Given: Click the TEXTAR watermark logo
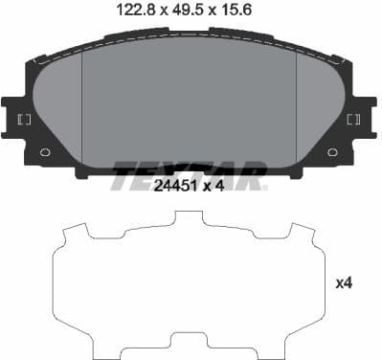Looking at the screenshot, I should point(190,175).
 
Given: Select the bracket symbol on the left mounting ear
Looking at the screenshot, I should point(24,120).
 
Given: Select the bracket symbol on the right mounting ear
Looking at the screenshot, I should point(353,120).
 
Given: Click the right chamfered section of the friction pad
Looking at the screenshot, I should point(321,105).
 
